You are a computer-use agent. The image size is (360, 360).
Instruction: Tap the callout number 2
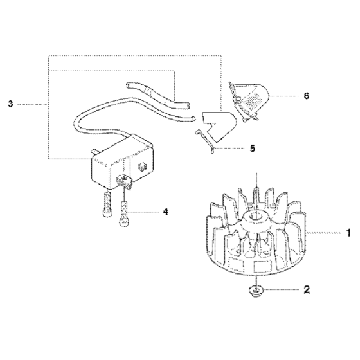pyautogui.click(x=306, y=290)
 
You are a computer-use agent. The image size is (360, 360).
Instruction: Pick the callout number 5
pyautogui.click(x=252, y=148)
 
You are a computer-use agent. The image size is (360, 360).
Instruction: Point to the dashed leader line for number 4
pyautogui.click(x=145, y=210)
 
